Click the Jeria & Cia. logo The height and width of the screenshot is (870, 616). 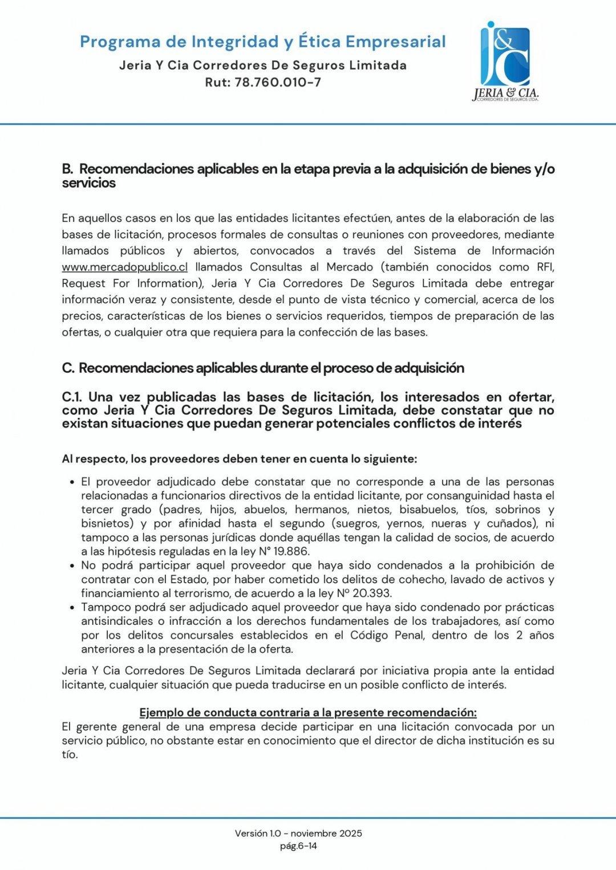tap(505, 62)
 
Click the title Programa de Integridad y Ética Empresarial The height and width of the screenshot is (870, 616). tap(262, 42)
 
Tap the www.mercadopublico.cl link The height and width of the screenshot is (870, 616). tap(124, 267)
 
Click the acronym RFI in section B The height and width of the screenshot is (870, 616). tap(545, 267)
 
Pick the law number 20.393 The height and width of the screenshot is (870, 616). tap(372, 593)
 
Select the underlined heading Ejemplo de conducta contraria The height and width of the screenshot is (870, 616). tap(308, 712)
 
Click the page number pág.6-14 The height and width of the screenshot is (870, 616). tap(298, 846)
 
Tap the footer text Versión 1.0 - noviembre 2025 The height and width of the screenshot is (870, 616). tap(298, 833)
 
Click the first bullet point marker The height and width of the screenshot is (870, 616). tap(72, 482)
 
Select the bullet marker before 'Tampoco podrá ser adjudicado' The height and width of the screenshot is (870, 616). tap(72, 608)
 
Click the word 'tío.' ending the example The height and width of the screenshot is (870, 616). tap(70, 754)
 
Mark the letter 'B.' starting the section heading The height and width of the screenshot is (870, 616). tap(68, 169)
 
